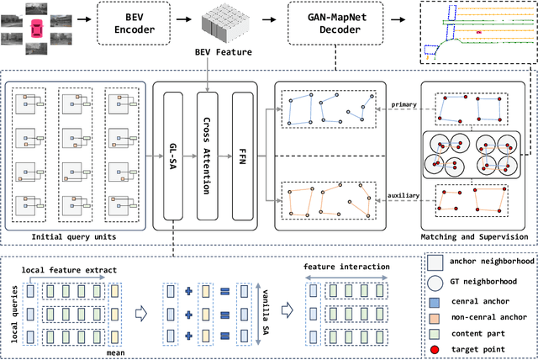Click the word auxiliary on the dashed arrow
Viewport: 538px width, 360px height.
(403, 194)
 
